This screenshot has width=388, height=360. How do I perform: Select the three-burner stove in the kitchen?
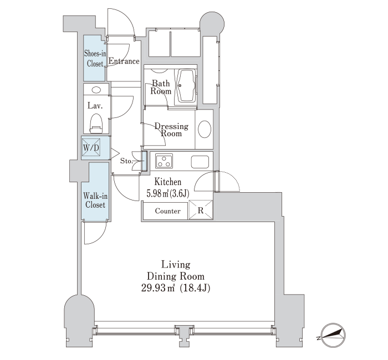click(164, 161)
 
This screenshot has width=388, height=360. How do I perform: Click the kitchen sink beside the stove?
click(200, 162)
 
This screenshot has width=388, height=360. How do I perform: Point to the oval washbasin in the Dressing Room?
click(205, 129)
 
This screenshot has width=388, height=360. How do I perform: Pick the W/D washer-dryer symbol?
click(91, 147)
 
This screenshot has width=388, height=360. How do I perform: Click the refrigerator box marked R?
click(201, 210)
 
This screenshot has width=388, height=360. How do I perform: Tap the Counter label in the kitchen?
click(168, 211)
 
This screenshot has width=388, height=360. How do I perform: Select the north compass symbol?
click(332, 335)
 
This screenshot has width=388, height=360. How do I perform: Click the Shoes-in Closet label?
click(95, 58)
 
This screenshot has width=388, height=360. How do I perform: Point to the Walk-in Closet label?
click(95, 200)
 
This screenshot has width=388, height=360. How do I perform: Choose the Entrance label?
click(124, 61)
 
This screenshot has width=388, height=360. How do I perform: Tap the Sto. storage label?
click(126, 161)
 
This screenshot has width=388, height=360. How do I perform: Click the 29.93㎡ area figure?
click(158, 288)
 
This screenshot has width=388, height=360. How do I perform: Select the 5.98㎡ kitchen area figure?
click(157, 193)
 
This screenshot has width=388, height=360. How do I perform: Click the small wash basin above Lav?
click(96, 90)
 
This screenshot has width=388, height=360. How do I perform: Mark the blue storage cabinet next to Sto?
click(144, 161)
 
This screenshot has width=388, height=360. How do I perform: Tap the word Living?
click(176, 265)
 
